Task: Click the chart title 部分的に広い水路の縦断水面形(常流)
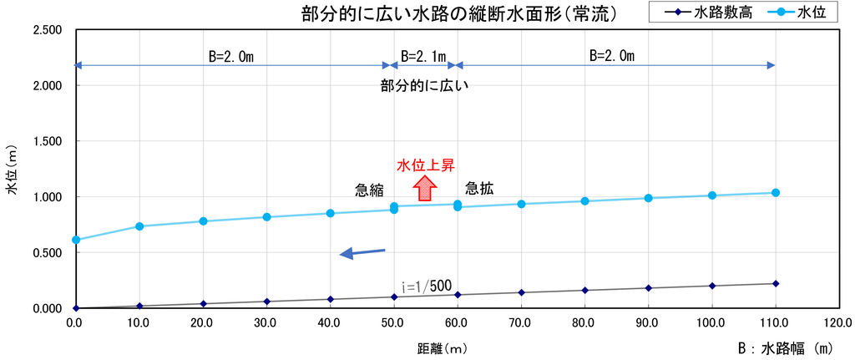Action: [459, 13]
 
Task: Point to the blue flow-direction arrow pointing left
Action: [362, 252]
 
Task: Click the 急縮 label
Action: [370, 190]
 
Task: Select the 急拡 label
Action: [479, 189]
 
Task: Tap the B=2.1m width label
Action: [423, 56]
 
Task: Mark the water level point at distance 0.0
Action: [76, 240]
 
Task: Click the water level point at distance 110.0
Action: [776, 193]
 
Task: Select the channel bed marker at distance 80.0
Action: [585, 290]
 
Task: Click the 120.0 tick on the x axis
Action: [838, 323]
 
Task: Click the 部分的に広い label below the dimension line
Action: [425, 86]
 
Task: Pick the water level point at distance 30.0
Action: [266, 217]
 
